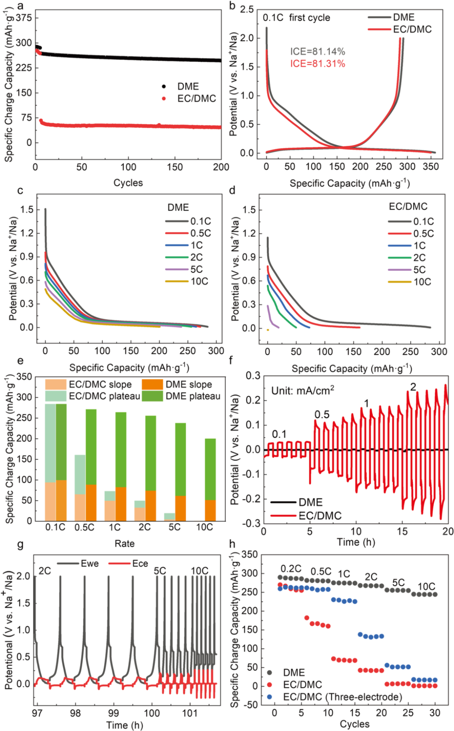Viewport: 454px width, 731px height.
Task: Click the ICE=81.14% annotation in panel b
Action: [x=317, y=51]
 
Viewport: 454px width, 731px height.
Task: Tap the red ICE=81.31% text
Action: [x=317, y=64]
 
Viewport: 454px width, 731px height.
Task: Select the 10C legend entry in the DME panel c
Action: [x=199, y=281]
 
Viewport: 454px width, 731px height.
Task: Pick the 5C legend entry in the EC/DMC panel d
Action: [x=419, y=270]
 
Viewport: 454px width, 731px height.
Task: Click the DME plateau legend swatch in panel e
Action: [x=152, y=396]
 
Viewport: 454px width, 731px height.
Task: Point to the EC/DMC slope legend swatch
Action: [x=56, y=384]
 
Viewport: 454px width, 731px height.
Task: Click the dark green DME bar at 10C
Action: [x=210, y=469]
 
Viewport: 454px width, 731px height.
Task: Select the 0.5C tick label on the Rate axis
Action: [x=84, y=527]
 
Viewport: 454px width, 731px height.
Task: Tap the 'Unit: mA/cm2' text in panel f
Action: [x=303, y=390]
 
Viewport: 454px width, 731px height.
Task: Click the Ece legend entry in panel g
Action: [x=140, y=564]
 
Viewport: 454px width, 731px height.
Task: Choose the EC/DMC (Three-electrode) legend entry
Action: [x=342, y=697]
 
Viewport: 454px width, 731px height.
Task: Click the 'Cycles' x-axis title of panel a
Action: [x=128, y=183]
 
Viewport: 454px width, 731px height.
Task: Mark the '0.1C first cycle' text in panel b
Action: [x=296, y=18]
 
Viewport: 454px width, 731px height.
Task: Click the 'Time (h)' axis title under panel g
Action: [x=124, y=725]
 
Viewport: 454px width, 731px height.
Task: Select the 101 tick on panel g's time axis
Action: [x=190, y=713]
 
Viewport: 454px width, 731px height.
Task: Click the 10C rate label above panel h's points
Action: [x=426, y=586]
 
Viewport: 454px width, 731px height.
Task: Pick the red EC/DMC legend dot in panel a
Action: [x=164, y=98]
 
